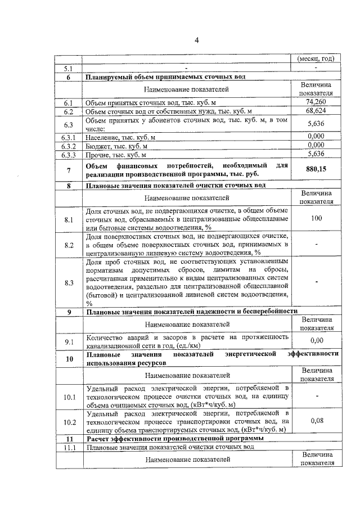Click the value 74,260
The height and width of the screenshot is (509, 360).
click(x=316, y=102)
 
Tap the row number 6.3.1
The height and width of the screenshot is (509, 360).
click(x=69, y=137)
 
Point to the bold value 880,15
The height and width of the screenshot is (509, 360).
click(x=316, y=169)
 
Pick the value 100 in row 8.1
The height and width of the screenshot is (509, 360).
click(x=316, y=218)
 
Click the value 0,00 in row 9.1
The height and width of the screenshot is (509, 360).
click(x=316, y=340)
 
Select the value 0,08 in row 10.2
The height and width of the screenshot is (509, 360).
click(x=316, y=420)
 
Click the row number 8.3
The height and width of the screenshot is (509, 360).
click(x=69, y=282)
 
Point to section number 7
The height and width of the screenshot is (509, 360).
click(x=69, y=169)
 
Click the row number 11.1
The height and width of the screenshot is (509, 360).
click(x=69, y=447)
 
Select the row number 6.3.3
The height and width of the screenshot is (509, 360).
click(x=69, y=154)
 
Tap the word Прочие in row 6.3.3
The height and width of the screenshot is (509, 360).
click(x=98, y=154)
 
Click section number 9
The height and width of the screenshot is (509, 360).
click(x=69, y=311)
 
